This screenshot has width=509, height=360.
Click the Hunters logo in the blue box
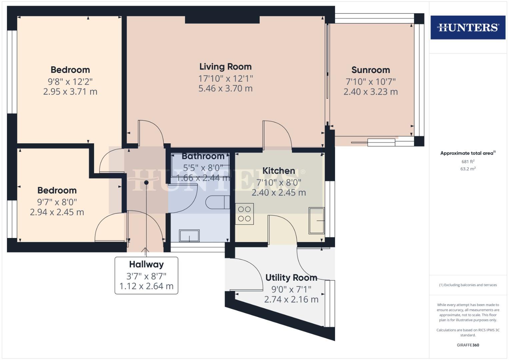tap(468, 27)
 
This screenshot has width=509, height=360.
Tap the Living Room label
tap(225, 67)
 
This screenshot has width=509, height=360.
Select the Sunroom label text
tap(370, 70)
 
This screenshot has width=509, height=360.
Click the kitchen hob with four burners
tap(244, 214)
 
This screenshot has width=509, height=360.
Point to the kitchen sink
tap(316, 221)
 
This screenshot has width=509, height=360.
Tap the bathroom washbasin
tap(189, 236)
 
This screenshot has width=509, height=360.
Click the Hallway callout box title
tap(146, 264)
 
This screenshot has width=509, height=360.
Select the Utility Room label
tap(291, 278)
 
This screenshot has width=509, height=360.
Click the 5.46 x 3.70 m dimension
tap(225, 89)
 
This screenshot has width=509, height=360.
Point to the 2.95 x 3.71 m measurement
tap(70, 92)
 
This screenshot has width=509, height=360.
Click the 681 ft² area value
tap(468, 162)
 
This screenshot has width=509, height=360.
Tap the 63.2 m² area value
tap(468, 169)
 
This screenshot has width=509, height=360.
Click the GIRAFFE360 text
tap(468, 345)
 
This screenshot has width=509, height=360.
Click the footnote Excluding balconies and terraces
tap(468, 285)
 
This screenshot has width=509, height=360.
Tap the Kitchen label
tap(279, 171)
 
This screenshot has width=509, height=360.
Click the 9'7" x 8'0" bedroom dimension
tap(57, 202)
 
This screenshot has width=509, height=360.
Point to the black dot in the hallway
tap(146, 182)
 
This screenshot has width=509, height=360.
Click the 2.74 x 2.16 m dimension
tap(291, 300)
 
